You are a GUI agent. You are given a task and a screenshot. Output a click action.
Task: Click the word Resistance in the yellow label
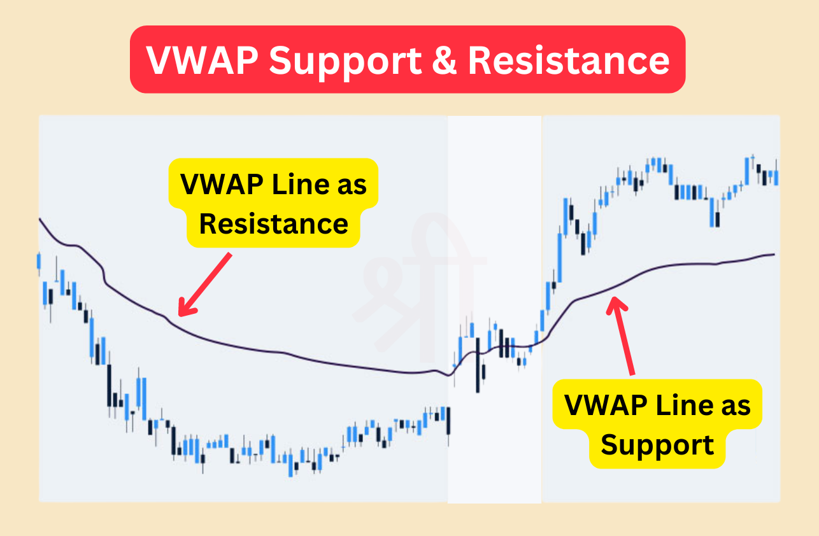coord(274,223)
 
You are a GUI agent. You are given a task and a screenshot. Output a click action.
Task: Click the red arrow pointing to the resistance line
coord(205,283)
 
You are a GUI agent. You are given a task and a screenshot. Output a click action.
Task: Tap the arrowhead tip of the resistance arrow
coord(180,315)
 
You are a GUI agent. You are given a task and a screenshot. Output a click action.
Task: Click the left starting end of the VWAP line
coord(40,220)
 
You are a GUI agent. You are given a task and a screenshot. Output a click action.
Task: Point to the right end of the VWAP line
coord(774,255)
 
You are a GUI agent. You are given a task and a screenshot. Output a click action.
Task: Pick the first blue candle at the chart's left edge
coord(39,261)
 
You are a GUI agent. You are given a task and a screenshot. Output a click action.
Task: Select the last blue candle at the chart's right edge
coord(776,177)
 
